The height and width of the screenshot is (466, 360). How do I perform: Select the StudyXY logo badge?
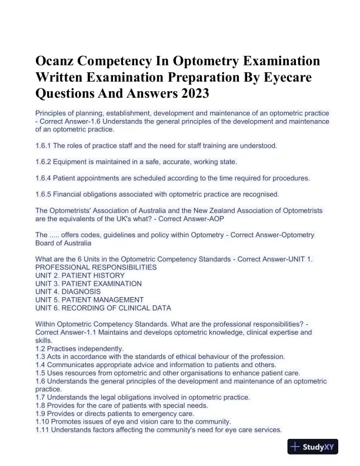pyautogui.click(x=313, y=447)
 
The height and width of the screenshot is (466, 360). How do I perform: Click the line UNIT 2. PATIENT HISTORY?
pyautogui.click(x=80, y=275)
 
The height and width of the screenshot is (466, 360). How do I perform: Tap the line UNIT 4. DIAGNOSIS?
pyautogui.click(x=68, y=291)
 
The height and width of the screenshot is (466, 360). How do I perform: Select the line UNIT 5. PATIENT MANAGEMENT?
pyautogui.click(x=89, y=299)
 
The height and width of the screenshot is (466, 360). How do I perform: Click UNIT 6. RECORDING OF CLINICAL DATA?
pyautogui.click(x=103, y=308)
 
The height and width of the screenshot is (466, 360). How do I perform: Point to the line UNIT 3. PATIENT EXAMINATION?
pyautogui.click(x=88, y=284)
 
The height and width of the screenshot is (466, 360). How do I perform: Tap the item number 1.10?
pyautogui.click(x=42, y=422)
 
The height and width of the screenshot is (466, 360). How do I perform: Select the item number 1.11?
pyautogui.click(x=42, y=430)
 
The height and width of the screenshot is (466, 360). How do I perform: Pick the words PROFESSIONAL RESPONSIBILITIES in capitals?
pyautogui.click(x=96, y=267)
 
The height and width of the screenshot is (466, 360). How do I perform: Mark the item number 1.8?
pyautogui.click(x=41, y=405)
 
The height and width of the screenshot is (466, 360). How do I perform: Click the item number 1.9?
pyautogui.click(x=41, y=414)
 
